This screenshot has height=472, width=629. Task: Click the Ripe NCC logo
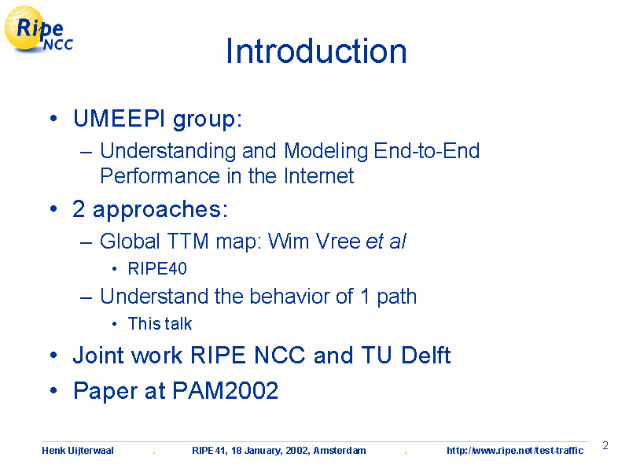[x=39, y=29]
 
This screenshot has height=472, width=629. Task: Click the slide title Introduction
[x=317, y=51]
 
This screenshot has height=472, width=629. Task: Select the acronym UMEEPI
[x=120, y=119]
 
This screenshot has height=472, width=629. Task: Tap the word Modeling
[x=326, y=152]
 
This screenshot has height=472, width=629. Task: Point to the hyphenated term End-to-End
[x=426, y=151]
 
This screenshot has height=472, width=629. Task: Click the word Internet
[x=319, y=175]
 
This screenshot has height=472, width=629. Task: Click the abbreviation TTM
[x=188, y=242]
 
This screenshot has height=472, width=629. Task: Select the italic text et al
[x=386, y=242]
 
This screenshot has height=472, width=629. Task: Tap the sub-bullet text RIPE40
[x=157, y=268]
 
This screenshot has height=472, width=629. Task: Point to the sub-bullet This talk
[x=160, y=323]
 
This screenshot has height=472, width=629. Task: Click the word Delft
[x=426, y=355]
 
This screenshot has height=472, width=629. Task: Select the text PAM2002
[x=226, y=390]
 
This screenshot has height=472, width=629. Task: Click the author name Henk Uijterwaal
[x=78, y=451]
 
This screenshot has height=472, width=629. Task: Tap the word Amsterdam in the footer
[x=340, y=451]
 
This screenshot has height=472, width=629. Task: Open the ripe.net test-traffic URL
[x=515, y=451]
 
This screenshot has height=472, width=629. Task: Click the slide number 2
[x=605, y=445]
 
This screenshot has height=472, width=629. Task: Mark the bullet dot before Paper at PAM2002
[x=53, y=390]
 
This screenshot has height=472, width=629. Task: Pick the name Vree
[x=338, y=242]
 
